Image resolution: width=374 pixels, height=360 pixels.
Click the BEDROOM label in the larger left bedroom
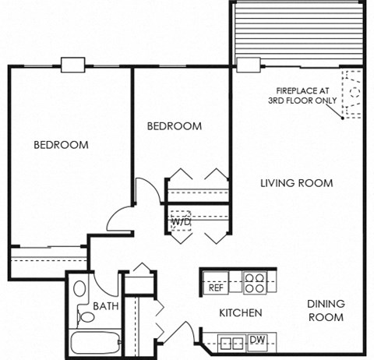pos(60,145)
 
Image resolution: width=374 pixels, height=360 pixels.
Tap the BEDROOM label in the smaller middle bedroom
pos(175,125)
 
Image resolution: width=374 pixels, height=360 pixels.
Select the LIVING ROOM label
pos(296,183)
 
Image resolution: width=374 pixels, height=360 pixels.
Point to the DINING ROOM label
pos(326,310)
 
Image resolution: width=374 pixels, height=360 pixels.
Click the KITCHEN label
pos(239,313)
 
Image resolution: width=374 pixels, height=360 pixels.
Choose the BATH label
pos(106,306)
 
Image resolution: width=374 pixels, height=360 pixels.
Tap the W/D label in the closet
pos(181,222)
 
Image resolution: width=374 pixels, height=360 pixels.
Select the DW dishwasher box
pos(256,340)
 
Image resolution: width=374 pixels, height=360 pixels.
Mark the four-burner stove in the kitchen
pos(253,281)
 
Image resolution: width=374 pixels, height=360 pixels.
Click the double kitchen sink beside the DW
pos(230,341)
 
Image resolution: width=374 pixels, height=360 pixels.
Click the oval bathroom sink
pos(80,288)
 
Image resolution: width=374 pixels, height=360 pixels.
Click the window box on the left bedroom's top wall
pos(72,66)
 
